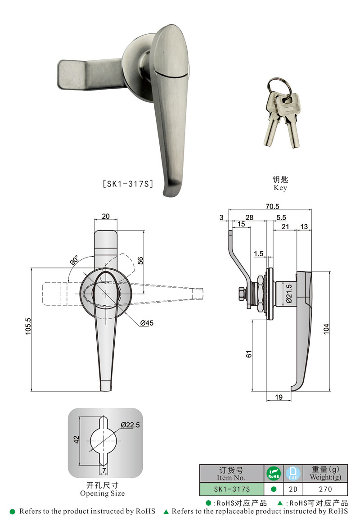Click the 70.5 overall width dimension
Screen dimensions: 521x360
(272, 206)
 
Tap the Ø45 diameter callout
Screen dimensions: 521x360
(146, 322)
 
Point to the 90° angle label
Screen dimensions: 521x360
(74, 261)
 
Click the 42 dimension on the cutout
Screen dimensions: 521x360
(76, 439)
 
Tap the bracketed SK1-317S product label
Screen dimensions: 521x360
(128, 184)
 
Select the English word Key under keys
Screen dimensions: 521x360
(279, 188)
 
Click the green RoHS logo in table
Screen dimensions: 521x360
(273, 473)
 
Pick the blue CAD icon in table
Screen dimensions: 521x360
(293, 473)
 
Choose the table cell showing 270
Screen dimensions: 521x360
(325, 489)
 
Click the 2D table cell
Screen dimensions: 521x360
(293, 489)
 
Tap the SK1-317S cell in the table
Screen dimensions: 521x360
(231, 489)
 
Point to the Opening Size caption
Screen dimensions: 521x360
(103, 493)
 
